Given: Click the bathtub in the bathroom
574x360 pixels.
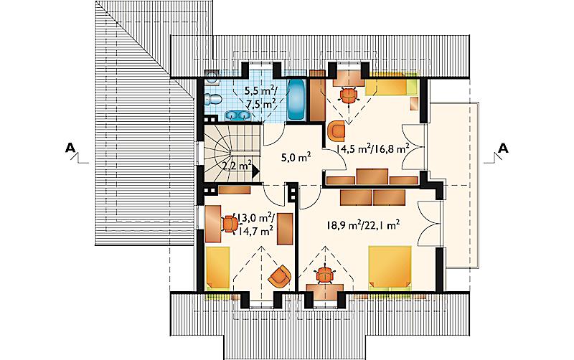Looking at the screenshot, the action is tap(296, 100).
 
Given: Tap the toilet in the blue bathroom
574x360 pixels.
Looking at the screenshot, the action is tap(212, 99).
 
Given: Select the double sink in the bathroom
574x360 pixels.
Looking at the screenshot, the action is tap(237, 115).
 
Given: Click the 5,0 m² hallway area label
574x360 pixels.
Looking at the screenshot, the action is tap(296, 158).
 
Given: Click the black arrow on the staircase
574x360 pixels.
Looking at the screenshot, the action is tap(255, 171).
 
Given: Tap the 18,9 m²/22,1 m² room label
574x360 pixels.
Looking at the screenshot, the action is tap(363, 224).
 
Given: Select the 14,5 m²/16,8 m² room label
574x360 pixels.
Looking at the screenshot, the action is tap(372, 148).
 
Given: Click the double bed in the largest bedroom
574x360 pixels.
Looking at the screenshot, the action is tap(390, 267).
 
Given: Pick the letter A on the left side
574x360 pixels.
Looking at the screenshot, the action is tap(70, 148).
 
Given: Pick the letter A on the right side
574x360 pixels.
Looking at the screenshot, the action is tap(504, 148).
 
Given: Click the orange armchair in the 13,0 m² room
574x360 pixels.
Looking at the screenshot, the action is tap(280, 277).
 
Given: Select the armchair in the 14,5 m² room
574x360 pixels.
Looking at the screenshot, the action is tap(337, 131).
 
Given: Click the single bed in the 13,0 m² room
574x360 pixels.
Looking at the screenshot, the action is tap(218, 267).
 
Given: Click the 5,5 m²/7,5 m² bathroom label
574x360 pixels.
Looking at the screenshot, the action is tap(260, 97).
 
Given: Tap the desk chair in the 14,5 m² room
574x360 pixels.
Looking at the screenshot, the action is tap(349, 95).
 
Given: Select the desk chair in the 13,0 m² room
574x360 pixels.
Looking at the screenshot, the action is tap(229, 224).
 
